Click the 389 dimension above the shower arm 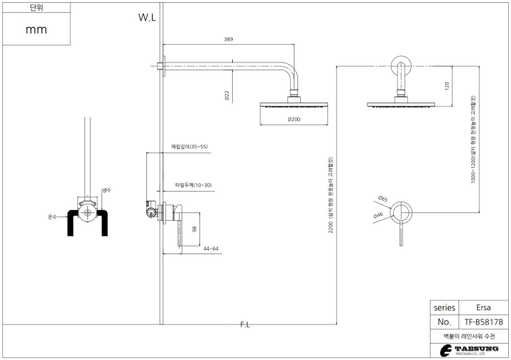point(229,40)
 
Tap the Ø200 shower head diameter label point(295,119)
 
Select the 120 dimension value point(447,85)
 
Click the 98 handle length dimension point(193,229)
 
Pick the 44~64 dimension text point(211,249)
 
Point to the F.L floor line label point(245,324)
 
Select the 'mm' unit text point(35,30)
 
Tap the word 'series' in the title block point(444,308)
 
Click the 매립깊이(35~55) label point(189,147)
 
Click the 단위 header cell point(36,8)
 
